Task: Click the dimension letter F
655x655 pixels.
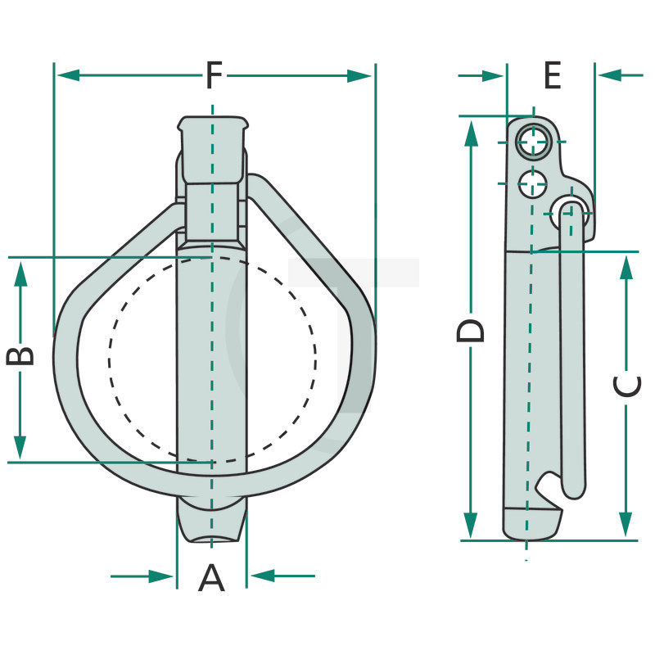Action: pos(215,75)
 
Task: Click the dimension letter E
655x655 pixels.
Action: pos(552,75)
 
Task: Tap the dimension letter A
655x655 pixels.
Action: pos(211,577)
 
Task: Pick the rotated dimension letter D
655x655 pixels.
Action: pos(470,331)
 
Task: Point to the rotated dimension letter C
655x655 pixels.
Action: pos(627,386)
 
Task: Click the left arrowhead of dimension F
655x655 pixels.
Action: pos(69,75)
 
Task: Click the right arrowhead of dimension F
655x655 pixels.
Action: pos(359,76)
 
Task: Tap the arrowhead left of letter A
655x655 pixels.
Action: pos(161,576)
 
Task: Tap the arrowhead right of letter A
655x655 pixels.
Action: pos(263,576)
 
